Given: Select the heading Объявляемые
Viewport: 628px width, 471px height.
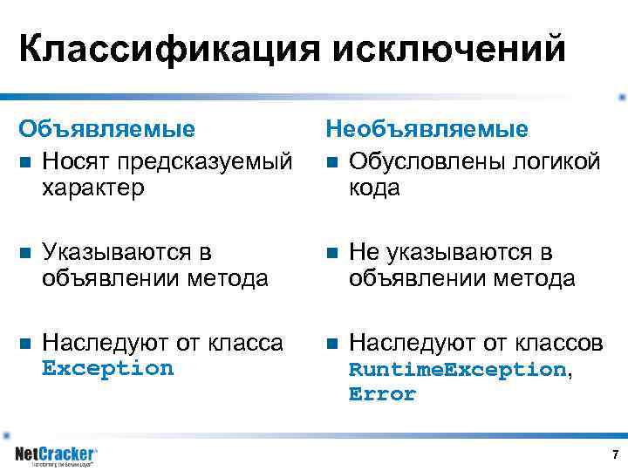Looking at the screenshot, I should pyautogui.click(x=107, y=129).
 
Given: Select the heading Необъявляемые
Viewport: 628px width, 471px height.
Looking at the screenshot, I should pyautogui.click(x=427, y=129).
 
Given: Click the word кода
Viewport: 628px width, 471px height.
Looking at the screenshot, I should pyautogui.click(x=374, y=188).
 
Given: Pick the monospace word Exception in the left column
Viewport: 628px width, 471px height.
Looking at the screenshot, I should pyautogui.click(x=108, y=368).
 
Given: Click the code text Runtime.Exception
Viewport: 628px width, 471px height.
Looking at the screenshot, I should pyautogui.click(x=457, y=370).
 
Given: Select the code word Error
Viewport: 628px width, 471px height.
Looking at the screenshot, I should pyautogui.click(x=382, y=394).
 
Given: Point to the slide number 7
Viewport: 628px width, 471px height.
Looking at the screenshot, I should pyautogui.click(x=615, y=454).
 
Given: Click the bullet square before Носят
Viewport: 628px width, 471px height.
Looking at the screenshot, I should pyautogui.click(x=25, y=162).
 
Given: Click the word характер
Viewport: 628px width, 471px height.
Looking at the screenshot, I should pyautogui.click(x=93, y=188).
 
